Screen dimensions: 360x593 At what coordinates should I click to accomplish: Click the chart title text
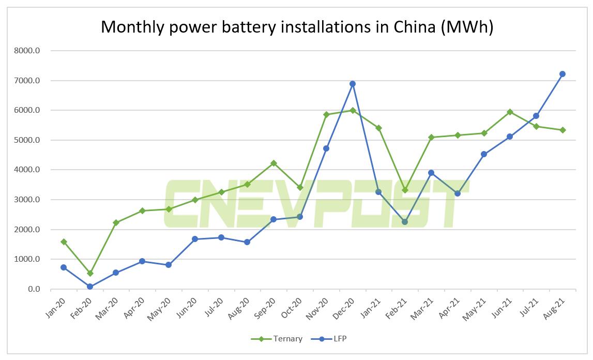pyautogui.click(x=297, y=26)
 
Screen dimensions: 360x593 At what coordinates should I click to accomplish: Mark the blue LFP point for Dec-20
pyautogui.click(x=353, y=84)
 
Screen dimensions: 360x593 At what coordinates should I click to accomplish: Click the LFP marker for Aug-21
pyautogui.click(x=562, y=74)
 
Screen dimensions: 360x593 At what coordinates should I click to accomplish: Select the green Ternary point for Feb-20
pyautogui.click(x=90, y=273)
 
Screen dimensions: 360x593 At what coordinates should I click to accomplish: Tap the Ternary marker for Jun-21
pyautogui.click(x=510, y=112)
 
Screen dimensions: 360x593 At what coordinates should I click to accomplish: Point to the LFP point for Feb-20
pyautogui.click(x=90, y=287)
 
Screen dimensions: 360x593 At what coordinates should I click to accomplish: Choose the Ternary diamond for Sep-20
pyautogui.click(x=274, y=163)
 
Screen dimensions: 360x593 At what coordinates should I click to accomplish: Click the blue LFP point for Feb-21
pyautogui.click(x=405, y=222)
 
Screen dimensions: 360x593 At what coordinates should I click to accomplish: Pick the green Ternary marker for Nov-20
pyautogui.click(x=326, y=114)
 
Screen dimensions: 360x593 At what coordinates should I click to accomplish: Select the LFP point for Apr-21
pyautogui.click(x=458, y=193)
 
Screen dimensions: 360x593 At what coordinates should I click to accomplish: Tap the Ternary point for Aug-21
pyautogui.click(x=562, y=130)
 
